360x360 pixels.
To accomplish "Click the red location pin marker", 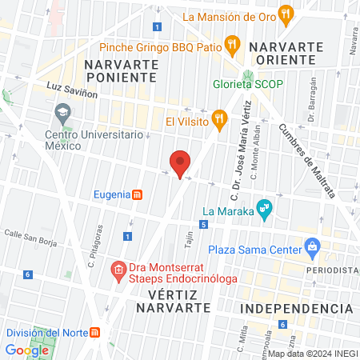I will pyautogui.click(x=180, y=164).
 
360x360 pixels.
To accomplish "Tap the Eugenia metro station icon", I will pyautogui.click(x=138, y=194).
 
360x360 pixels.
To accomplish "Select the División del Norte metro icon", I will pyautogui.click(x=95, y=333).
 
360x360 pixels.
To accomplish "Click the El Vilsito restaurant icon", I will pyautogui.click(x=219, y=122).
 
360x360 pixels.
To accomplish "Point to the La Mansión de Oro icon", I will pyautogui.click(x=287, y=15).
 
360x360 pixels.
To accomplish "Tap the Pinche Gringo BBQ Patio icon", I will pyautogui.click(x=231, y=46).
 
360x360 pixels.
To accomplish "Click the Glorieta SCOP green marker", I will pyautogui.click(x=248, y=81).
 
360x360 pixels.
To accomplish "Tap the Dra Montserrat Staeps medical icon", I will pyautogui.click(x=118, y=269).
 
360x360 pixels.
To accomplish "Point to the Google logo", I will pyautogui.click(x=27, y=350).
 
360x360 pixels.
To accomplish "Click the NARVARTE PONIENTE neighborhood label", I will pyautogui.click(x=119, y=70).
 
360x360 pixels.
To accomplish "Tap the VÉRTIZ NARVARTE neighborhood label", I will pyautogui.click(x=173, y=301).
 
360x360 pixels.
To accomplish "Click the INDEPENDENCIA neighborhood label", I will pyautogui.click(x=296, y=308).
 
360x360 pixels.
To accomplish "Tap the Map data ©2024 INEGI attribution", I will pyautogui.click(x=312, y=353).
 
